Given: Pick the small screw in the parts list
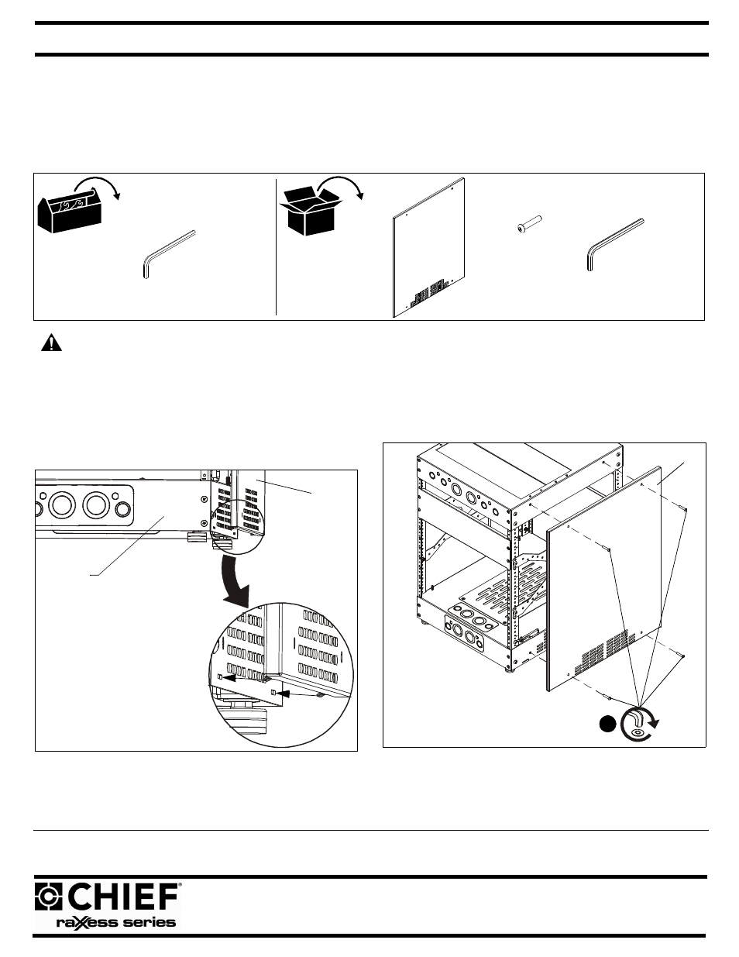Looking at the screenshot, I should pos(528,225).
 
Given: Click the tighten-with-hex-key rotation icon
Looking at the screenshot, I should pos(638,721).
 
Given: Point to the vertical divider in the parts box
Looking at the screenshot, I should pos(277,246).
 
